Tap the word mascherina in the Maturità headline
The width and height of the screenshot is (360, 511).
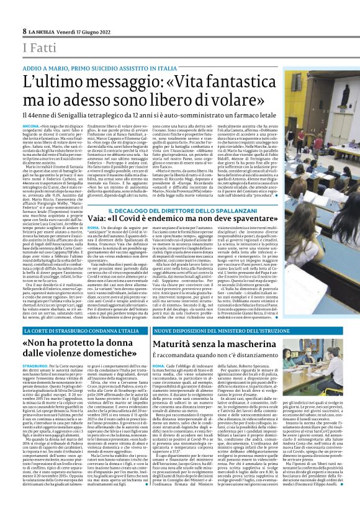(x=266, y=342)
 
